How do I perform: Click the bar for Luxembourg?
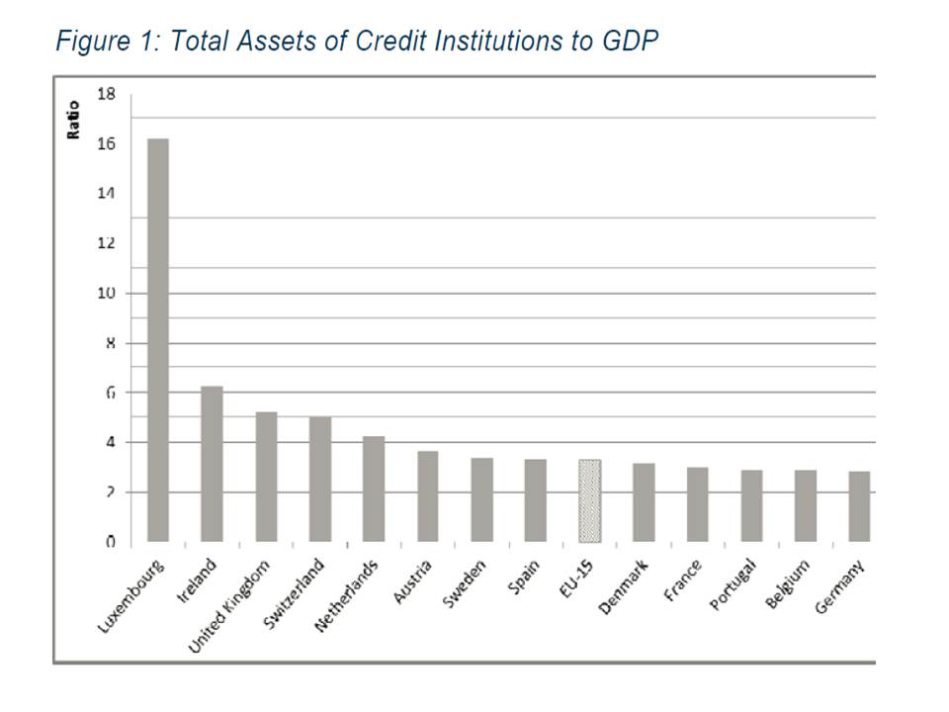[158, 340]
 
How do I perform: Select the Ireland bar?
[212, 464]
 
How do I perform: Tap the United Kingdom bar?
[266, 477]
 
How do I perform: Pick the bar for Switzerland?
[320, 479]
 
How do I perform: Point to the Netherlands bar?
[374, 489]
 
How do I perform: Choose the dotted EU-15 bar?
[589, 500]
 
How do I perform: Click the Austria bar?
[428, 496]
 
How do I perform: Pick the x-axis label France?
[684, 582]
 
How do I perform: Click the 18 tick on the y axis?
[106, 94]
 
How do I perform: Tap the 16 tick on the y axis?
[106, 144]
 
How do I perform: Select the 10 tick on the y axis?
[106, 294]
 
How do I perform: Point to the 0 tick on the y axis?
[110, 542]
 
